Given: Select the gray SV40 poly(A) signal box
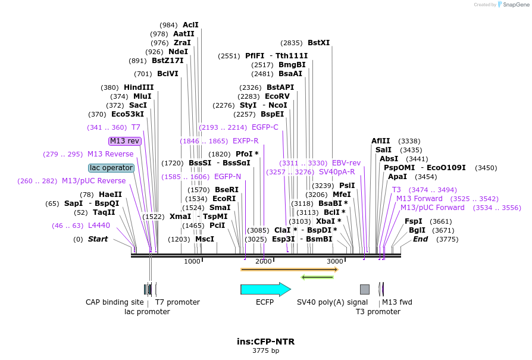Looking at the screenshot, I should (x=365, y=289).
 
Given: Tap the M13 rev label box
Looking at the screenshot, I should (x=125, y=141).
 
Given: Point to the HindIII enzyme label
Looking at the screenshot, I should (x=139, y=87).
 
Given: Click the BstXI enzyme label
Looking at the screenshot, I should (x=318, y=43).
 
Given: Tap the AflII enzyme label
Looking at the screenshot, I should (x=381, y=141).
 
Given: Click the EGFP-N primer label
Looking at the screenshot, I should (x=228, y=177).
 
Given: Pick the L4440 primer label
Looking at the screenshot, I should (x=99, y=226).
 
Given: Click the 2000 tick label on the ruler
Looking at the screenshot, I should (x=263, y=261).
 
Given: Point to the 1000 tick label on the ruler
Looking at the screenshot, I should (x=192, y=261).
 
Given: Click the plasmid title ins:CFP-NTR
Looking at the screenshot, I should (x=265, y=342).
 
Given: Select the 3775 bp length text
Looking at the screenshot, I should (x=265, y=351).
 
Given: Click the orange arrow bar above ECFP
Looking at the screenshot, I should (x=289, y=270).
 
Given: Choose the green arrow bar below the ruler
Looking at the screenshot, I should (x=317, y=277).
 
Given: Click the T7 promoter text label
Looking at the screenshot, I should (x=177, y=302).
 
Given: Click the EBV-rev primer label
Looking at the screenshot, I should (x=346, y=163).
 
